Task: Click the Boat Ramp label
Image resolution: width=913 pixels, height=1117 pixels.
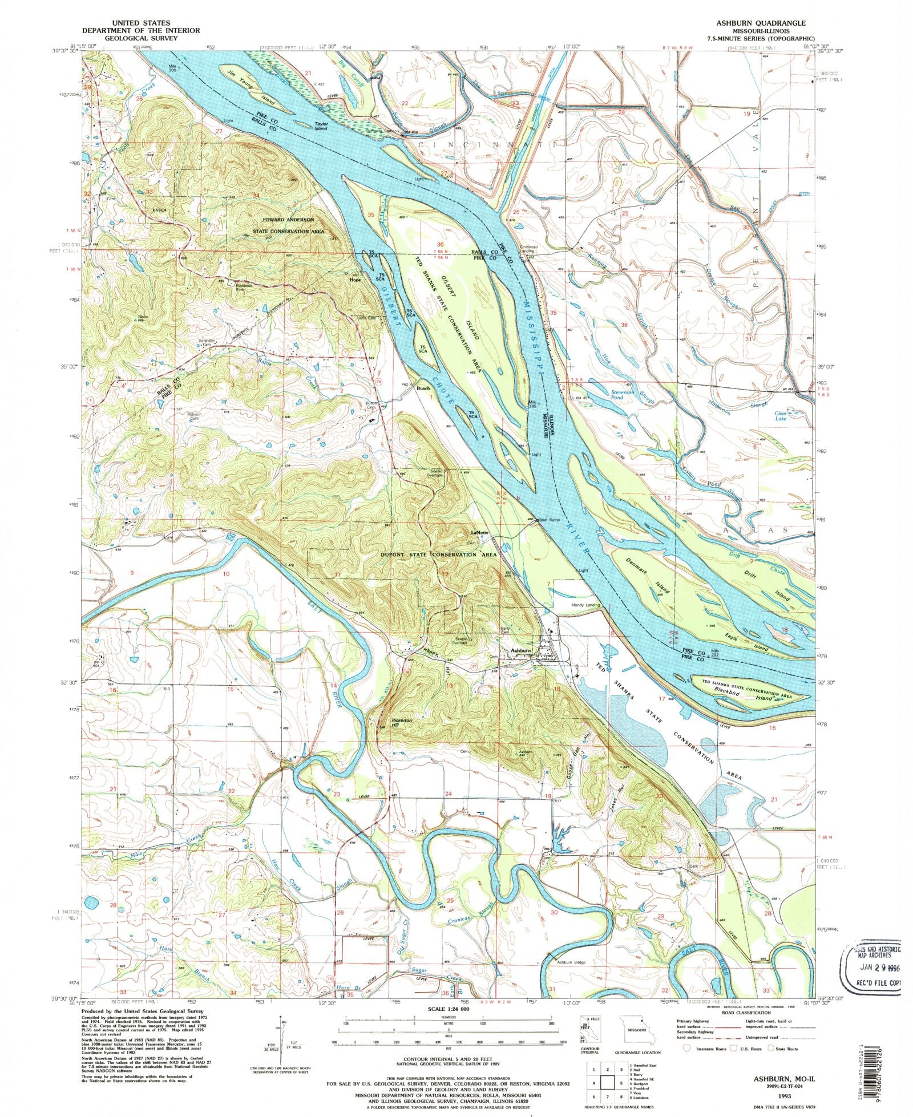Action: [550, 520]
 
